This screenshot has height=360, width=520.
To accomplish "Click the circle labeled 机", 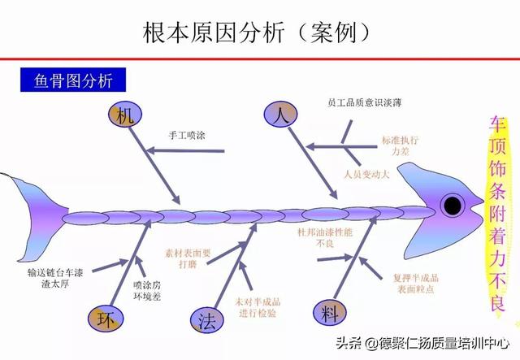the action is tap(125, 115).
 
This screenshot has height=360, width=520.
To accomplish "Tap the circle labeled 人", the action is tap(280, 114).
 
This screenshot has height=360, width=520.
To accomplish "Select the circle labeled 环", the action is tap(106, 319).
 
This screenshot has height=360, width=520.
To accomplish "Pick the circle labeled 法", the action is tap(207, 320).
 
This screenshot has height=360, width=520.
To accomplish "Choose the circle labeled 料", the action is tap(330, 312).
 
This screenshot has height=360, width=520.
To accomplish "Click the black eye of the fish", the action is tap(453, 206).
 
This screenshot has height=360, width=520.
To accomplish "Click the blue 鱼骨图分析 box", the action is tap(73, 80).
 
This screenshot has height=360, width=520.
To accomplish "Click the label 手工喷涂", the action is tap(187, 136).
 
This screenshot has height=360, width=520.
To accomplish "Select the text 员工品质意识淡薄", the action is tap(364, 102).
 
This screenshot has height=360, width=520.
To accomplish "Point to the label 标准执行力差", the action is tap(401, 145).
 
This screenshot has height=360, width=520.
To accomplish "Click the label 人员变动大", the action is tap(366, 174).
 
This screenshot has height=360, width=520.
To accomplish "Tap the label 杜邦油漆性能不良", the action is tap(325, 237).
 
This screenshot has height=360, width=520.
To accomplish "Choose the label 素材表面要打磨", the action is tap(188, 258).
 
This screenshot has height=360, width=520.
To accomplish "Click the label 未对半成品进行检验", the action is tap(258, 307).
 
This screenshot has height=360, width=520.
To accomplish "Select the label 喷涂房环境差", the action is tap(147, 290).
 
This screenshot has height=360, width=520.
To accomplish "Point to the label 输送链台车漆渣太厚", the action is tap(55, 278).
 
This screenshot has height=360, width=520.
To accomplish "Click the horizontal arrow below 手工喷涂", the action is tap(186, 151).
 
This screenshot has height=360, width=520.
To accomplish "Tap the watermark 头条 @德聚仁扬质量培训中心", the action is tap(422, 343).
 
